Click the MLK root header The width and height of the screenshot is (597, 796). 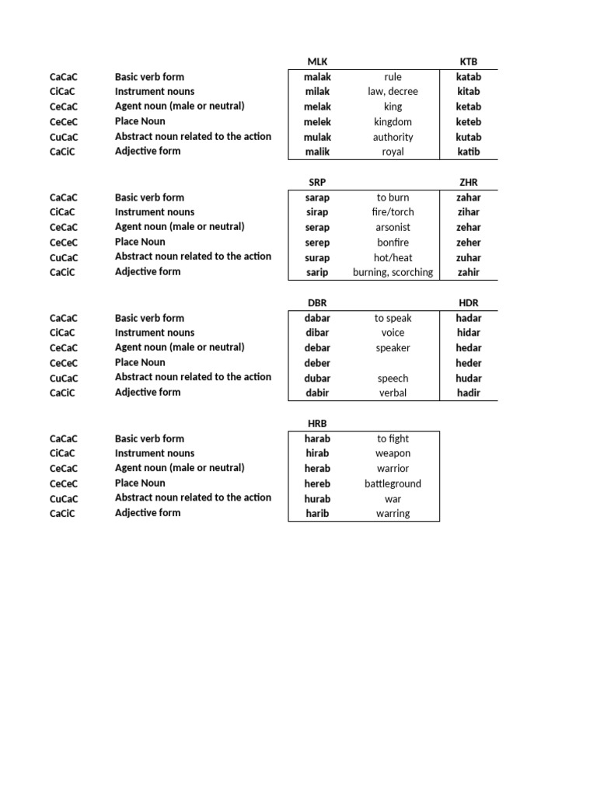point(317,61)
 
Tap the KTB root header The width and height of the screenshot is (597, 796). point(469,61)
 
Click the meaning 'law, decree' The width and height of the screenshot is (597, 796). point(393,92)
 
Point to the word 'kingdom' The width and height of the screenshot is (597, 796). point(393,122)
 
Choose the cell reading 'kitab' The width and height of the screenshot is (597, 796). point(469,92)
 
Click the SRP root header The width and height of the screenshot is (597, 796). point(317,182)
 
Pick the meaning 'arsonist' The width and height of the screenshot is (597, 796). point(393,228)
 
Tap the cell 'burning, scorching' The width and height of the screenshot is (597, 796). point(393,273)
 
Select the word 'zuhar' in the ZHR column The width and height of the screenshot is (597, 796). point(469,258)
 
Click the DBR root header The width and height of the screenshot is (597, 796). point(317,302)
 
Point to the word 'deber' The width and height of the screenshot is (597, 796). point(317,363)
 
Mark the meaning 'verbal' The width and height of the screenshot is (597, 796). point(393,393)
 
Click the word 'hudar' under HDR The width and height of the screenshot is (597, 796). point(469,379)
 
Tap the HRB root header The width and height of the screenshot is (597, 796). point(317,423)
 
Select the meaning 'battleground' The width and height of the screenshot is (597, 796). point(393,484)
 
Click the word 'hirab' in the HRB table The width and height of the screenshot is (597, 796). point(317,453)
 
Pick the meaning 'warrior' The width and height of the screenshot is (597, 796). point(393,469)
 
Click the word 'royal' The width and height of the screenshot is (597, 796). point(393,152)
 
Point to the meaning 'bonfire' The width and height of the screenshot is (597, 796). point(393,243)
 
